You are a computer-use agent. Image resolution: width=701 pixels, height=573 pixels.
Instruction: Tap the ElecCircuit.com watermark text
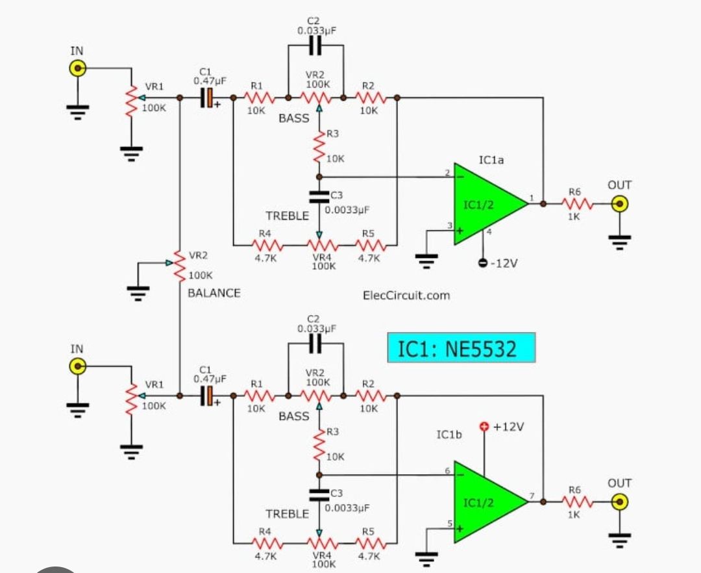pyautogui.click(x=406, y=295)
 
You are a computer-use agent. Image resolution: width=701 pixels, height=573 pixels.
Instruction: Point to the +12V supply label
pyautogui.click(x=508, y=427)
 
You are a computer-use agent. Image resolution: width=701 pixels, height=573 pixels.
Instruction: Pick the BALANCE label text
pyautogui.click(x=214, y=293)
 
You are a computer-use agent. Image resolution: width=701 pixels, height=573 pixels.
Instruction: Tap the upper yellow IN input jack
pyautogui.click(x=77, y=68)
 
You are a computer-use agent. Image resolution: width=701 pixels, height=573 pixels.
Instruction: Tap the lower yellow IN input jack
pyautogui.click(x=77, y=366)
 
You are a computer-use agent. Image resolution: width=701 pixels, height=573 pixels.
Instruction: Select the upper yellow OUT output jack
pyautogui.click(x=620, y=204)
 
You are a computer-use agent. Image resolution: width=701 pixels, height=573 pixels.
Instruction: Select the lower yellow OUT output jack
pyautogui.click(x=620, y=502)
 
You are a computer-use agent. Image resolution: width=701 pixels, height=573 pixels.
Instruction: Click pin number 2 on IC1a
pyautogui.click(x=447, y=172)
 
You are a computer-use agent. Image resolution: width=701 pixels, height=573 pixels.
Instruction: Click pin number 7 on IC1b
pyautogui.click(x=532, y=497)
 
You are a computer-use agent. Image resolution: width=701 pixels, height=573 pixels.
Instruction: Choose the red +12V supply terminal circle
pyautogui.click(x=484, y=427)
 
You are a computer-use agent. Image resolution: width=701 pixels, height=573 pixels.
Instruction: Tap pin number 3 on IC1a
pyautogui.click(x=449, y=225)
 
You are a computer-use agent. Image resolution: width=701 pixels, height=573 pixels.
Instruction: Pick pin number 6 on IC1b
pyautogui.click(x=447, y=470)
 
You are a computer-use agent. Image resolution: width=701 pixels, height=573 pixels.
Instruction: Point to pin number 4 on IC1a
pyautogui.click(x=489, y=232)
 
